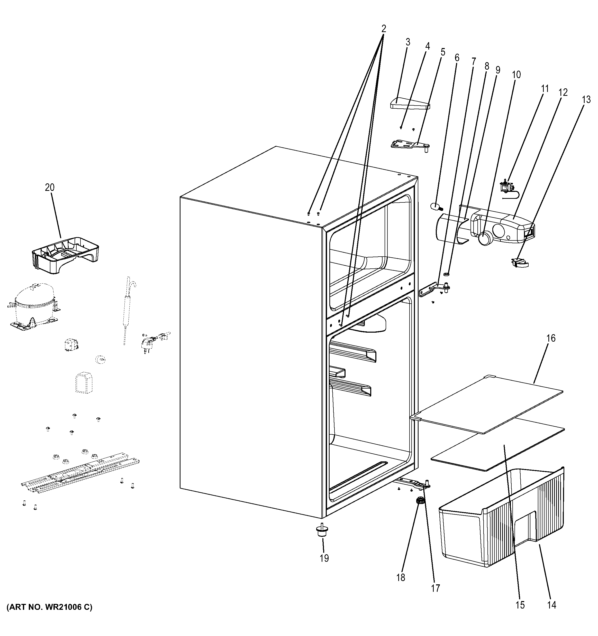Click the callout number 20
point(50,188)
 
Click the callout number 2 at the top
point(384,29)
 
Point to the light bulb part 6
point(436,206)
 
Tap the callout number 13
point(586,100)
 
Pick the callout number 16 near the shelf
point(551,338)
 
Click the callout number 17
point(435,588)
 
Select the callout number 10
point(516,74)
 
